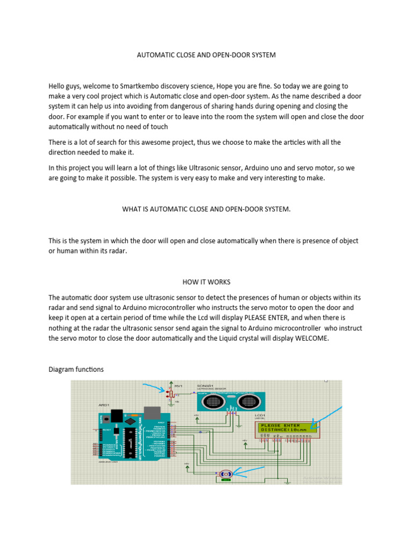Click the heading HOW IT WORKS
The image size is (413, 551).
click(x=206, y=281)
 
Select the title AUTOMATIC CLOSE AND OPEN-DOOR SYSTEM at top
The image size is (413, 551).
click(x=206, y=55)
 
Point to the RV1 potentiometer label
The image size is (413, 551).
click(x=178, y=386)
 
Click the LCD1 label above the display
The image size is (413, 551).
click(x=260, y=415)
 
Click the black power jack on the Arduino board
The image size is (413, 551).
click(x=113, y=418)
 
